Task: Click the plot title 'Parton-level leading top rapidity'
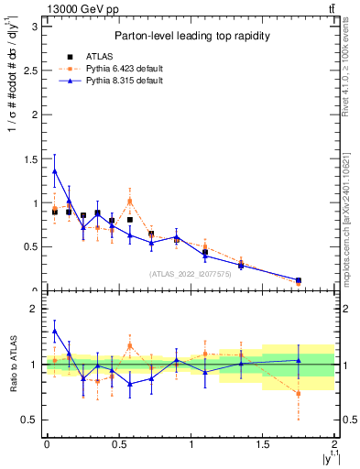coord(191,36)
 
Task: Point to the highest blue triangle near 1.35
coord(54,170)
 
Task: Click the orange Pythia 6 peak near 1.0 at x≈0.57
coord(130,201)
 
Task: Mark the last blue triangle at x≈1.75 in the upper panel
coord(299,280)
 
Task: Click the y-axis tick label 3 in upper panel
coord(34,27)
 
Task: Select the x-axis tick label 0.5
coord(119,444)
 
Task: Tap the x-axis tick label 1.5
coord(263,444)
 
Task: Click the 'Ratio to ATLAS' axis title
coord(12,365)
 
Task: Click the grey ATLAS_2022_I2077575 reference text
coord(191,273)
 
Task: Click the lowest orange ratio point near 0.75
coord(299,393)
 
